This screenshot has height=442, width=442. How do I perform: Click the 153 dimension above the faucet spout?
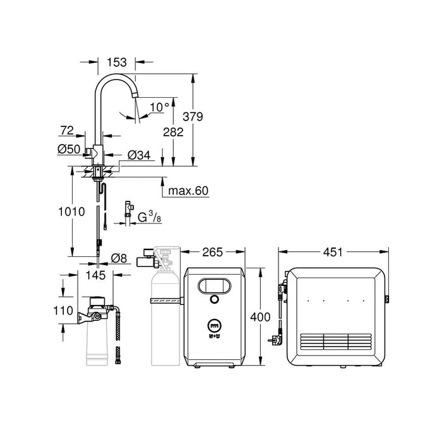117,63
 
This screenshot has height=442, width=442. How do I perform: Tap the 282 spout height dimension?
172,132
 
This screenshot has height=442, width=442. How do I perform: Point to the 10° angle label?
158,107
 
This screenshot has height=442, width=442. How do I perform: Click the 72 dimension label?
66,130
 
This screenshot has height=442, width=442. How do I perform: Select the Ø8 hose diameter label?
119,258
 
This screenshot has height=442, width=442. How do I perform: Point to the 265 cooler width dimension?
213,253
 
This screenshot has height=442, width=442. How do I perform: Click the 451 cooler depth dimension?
331,253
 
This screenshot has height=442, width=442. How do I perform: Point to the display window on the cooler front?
214,285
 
